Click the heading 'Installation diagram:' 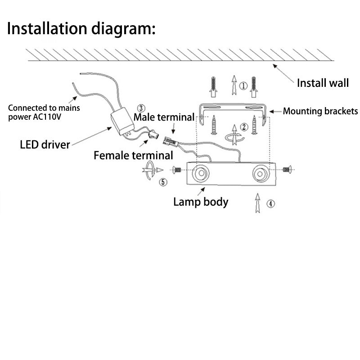click(x=81, y=28)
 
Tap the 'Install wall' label click(x=323, y=83)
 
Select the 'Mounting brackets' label click(x=320, y=111)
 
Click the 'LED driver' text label click(x=45, y=145)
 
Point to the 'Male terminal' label click(x=164, y=117)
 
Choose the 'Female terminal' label click(x=133, y=156)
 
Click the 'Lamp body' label click(x=201, y=202)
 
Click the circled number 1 click(x=243, y=85)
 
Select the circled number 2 click(x=243, y=127)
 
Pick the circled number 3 click(x=141, y=108)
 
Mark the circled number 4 click(x=270, y=204)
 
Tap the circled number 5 click(x=163, y=182)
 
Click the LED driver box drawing click(x=122, y=121)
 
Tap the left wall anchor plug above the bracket click(x=213, y=86)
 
